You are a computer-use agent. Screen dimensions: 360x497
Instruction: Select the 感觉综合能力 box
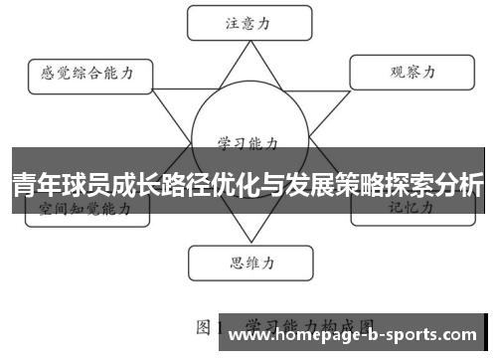(x=88, y=73)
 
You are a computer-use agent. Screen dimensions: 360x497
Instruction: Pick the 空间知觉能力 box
(x=84, y=209)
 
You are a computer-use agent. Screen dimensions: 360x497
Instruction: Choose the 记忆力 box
(x=409, y=209)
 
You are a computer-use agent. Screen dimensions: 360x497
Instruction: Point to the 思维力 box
(x=246, y=264)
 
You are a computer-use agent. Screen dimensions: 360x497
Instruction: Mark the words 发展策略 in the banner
(x=332, y=185)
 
